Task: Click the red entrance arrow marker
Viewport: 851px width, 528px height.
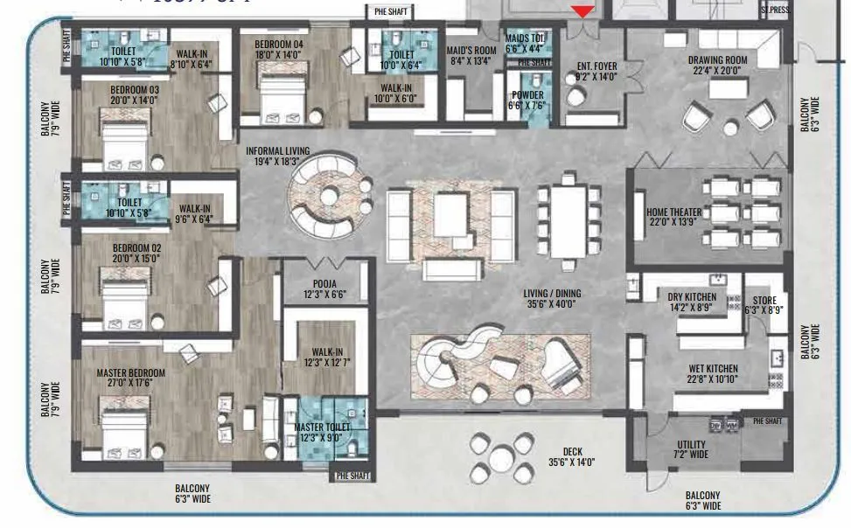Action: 582,10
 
